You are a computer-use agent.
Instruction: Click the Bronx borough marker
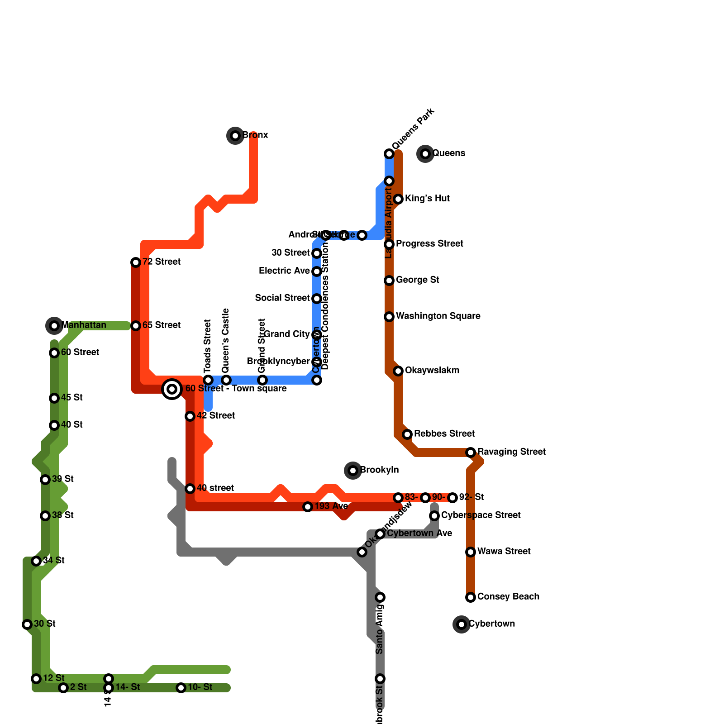[235, 135]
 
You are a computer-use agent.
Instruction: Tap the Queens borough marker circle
[425, 154]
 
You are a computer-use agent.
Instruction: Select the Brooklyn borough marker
[353, 471]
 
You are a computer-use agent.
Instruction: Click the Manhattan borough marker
[54, 325]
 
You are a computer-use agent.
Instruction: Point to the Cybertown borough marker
[462, 624]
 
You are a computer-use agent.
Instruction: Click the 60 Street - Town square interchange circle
[172, 389]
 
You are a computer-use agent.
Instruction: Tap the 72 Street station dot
[136, 262]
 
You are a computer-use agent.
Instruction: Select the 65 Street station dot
[136, 326]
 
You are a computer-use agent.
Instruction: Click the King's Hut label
[427, 199]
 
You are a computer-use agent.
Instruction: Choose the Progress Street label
[429, 244]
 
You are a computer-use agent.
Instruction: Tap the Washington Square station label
[438, 316]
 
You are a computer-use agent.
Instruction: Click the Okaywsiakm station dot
[398, 371]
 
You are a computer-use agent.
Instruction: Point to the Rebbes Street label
[444, 434]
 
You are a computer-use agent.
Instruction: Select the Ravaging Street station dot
[471, 452]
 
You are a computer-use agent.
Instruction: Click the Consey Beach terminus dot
[471, 597]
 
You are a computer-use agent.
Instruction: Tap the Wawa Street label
[504, 552]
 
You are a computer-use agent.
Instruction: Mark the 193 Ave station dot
[308, 507]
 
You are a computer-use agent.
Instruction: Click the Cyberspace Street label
[481, 515]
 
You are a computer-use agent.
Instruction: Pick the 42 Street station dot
[190, 416]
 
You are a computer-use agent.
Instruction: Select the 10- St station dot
[181, 688]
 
